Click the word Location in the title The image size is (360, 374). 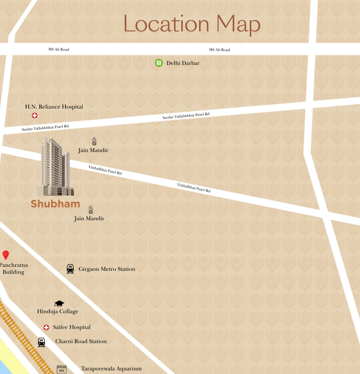[x=166, y=24]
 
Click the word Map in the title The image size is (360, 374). [x=238, y=25]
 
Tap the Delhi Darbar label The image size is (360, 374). [x=183, y=63]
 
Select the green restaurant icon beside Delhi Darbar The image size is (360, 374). [x=158, y=63]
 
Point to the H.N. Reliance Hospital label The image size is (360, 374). [x=54, y=107]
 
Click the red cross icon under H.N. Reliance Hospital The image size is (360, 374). [x=35, y=116]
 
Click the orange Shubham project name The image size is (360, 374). [x=55, y=204]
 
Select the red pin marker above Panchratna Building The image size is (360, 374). [x=6, y=255]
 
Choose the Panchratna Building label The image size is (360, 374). [x=13, y=268]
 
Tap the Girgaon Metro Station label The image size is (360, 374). [x=107, y=269]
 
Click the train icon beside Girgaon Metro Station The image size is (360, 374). [x=70, y=269]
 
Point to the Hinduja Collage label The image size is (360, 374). [x=57, y=311]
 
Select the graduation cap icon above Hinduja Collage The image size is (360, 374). [x=59, y=304]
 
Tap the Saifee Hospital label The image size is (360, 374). [x=71, y=327]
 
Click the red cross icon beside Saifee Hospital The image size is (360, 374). [x=46, y=328]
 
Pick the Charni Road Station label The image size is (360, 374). [x=81, y=341]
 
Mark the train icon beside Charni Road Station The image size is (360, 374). [x=42, y=342]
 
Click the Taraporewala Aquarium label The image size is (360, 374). [x=111, y=369]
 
